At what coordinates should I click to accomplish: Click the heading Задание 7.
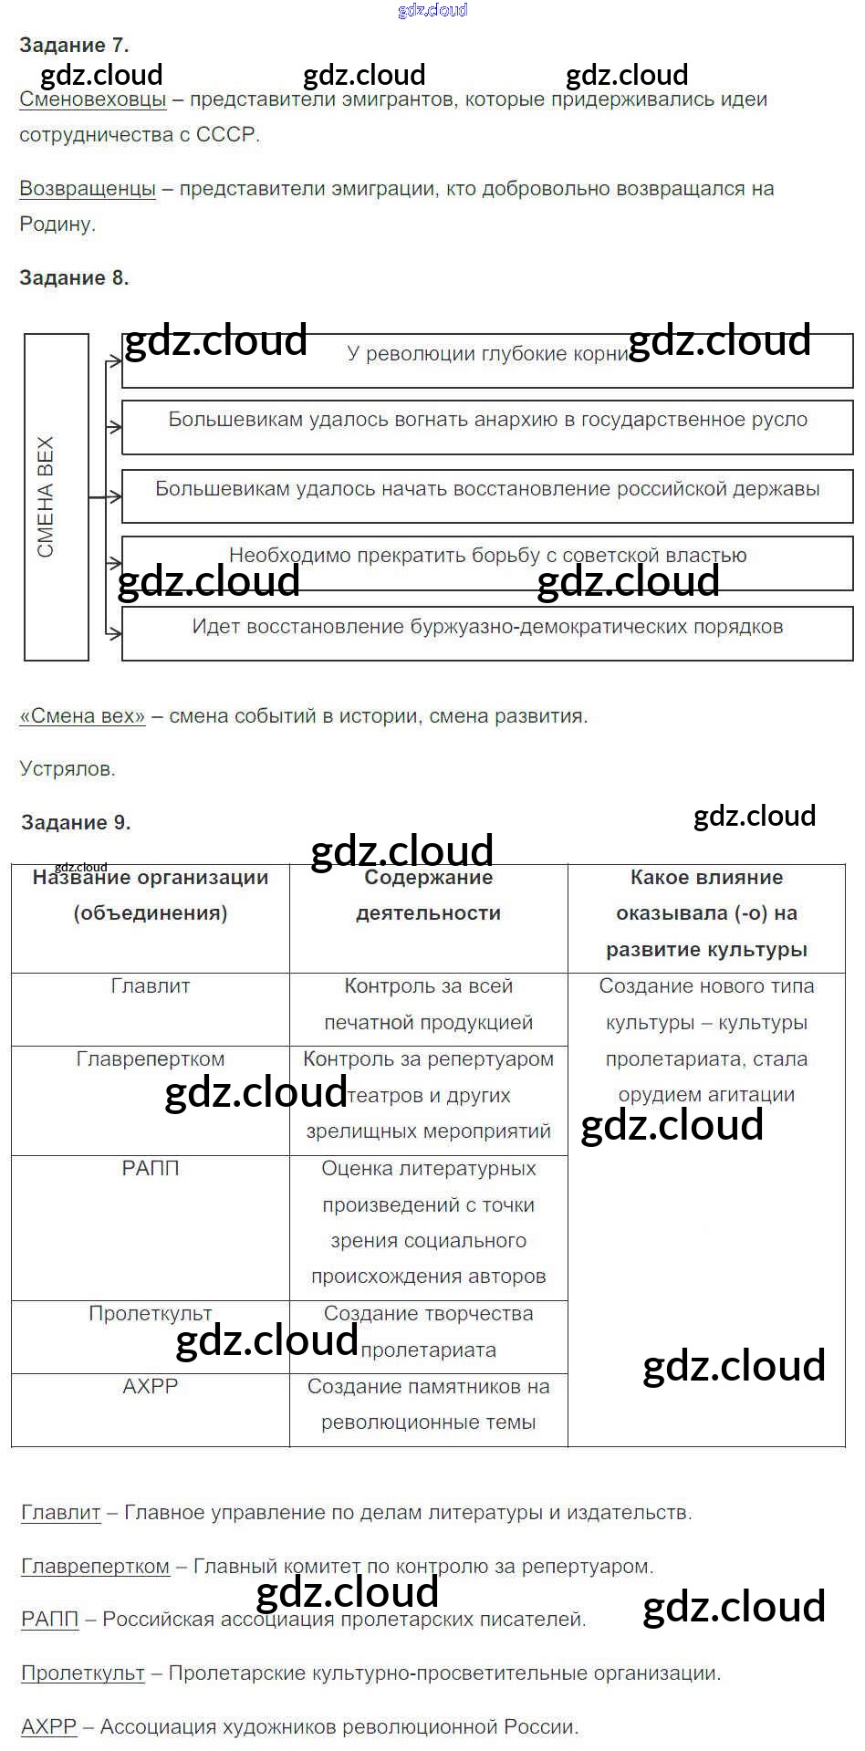coord(74,45)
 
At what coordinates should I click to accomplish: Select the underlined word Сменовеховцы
coord(92,99)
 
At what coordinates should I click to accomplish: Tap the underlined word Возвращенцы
coord(88,189)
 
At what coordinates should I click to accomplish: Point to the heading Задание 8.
coord(74,277)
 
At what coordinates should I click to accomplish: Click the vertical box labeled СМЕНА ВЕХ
coord(56,496)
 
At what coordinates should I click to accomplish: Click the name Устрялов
coord(68,769)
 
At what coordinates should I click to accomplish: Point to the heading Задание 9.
coord(76,822)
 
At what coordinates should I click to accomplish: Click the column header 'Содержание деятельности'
coord(428,895)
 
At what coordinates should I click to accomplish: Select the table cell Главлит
coord(150,987)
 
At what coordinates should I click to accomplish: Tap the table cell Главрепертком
coord(150,1060)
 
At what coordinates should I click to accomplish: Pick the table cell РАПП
coord(150,1169)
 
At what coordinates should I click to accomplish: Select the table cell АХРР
coord(150,1387)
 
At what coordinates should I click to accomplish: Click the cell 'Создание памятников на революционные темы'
coord(428,1405)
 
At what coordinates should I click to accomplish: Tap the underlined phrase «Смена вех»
coord(82,716)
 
